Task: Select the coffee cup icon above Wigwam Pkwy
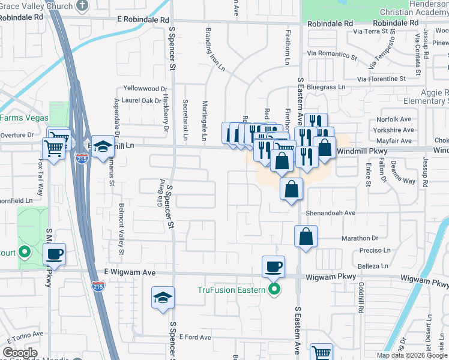tap(274, 266)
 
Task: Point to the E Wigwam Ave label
tap(130, 272)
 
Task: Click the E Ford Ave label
tap(194, 337)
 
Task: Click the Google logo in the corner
tap(20, 352)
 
